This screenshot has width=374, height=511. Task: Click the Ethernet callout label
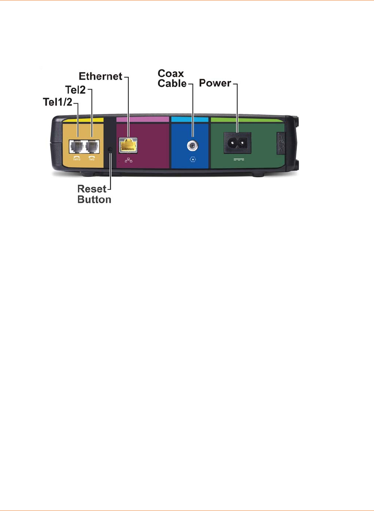click(x=100, y=76)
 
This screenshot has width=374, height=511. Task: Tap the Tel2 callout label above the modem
click(x=75, y=90)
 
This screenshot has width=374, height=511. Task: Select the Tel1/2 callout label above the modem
click(x=57, y=102)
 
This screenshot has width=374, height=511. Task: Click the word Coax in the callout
click(x=171, y=73)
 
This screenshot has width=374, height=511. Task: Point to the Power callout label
click(x=215, y=83)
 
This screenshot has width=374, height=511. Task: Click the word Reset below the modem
click(x=92, y=189)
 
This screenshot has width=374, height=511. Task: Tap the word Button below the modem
click(x=94, y=199)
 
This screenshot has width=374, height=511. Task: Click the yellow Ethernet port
click(x=128, y=145)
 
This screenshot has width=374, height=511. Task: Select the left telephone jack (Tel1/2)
click(x=77, y=147)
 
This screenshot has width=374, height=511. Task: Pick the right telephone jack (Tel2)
click(x=92, y=147)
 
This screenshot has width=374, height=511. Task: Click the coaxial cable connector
click(x=192, y=145)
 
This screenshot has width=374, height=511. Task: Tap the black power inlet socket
click(x=237, y=143)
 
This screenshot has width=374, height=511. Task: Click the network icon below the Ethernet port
click(x=128, y=160)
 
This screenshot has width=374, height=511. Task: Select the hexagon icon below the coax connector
click(x=192, y=159)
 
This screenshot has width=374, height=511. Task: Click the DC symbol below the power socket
click(x=238, y=159)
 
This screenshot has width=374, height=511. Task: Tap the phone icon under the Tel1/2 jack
click(x=77, y=157)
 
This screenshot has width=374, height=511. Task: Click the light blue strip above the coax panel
click(x=190, y=119)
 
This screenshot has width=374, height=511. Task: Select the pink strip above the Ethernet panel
click(x=142, y=119)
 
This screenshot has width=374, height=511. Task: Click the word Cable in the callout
click(x=172, y=83)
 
